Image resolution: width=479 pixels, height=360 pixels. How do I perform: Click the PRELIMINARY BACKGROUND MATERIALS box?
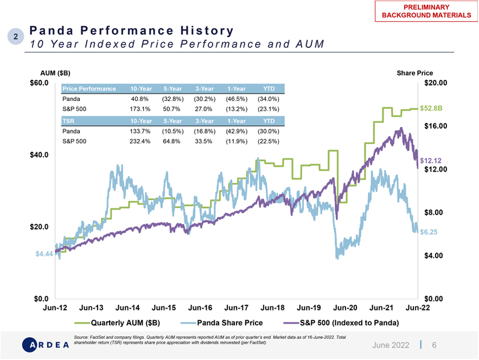(426, 11)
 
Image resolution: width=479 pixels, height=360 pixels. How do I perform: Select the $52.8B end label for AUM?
(431, 108)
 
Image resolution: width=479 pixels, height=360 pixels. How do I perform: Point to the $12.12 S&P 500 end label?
(431, 161)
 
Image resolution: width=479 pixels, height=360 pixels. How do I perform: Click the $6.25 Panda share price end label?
(429, 232)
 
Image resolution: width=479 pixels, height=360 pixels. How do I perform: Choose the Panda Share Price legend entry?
(221, 323)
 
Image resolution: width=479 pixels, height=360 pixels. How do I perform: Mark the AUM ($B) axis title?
(55, 73)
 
